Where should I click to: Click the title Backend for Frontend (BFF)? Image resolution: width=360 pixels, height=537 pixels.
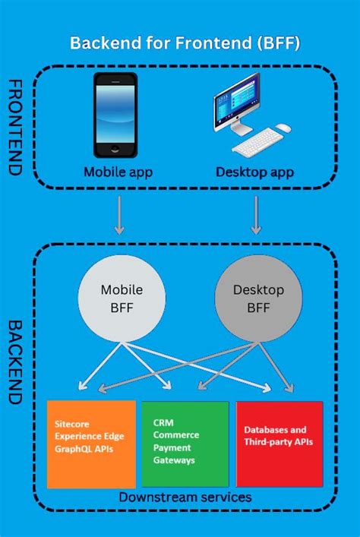tap(185, 43)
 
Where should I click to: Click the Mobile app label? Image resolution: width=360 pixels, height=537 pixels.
tap(118, 172)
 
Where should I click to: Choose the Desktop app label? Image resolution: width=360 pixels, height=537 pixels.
tap(254, 172)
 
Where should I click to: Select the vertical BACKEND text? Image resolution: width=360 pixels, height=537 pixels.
tap(13, 360)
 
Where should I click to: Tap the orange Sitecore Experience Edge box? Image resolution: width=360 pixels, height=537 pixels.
tap(91, 444)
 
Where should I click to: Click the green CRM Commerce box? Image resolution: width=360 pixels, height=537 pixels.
tap(185, 444)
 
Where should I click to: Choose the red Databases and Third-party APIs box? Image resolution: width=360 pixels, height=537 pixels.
tap(279, 444)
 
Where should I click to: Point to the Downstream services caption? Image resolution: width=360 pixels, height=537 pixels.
tap(185, 497)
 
